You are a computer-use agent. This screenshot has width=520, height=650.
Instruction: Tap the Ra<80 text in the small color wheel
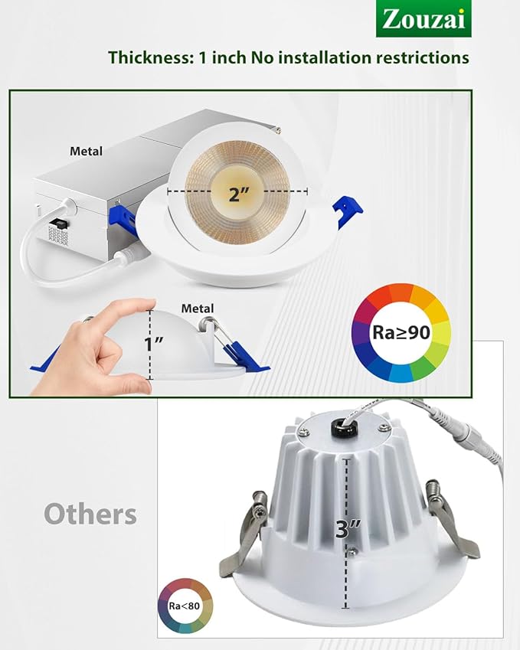[184, 606]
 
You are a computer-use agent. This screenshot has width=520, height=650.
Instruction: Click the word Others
[90, 514]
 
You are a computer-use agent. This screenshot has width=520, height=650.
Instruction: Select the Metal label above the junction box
[86, 152]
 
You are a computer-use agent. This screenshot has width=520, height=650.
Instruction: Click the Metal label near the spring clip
[197, 308]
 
